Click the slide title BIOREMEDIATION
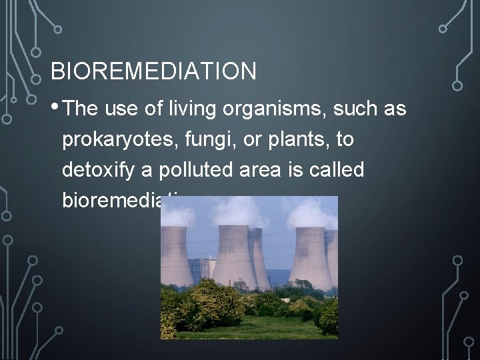pos(153,71)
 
